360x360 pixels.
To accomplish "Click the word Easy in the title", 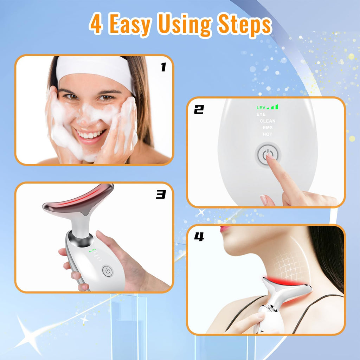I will point(130,24).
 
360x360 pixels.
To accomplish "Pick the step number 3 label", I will point(161,194).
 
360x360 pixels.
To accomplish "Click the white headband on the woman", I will point(95,69).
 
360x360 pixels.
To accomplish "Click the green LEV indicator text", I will point(261,107).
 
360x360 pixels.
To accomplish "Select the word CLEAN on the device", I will point(268,121).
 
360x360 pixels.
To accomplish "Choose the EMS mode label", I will point(268,128).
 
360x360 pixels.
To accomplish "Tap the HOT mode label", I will point(267,134).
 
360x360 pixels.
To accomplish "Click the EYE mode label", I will point(261,114).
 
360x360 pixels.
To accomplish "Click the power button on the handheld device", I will point(107,271).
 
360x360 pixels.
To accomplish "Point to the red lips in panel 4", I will point(225,229).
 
